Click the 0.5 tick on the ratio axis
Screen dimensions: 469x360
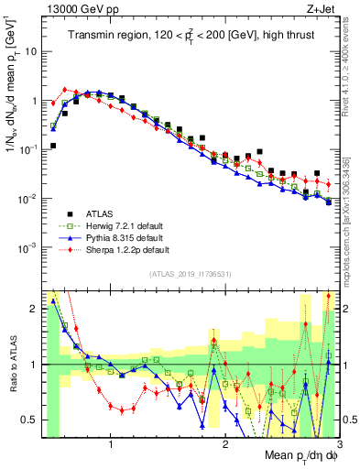pyautogui.click(x=32, y=420)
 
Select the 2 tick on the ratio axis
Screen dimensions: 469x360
pyautogui.click(x=36, y=309)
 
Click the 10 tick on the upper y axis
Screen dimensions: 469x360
pyautogui.click(x=30, y=52)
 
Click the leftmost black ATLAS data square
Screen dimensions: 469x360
pyautogui.click(x=53, y=146)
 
